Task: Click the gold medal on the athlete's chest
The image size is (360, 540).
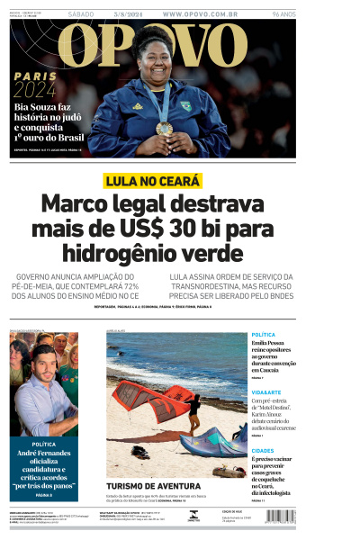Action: [x=164, y=129]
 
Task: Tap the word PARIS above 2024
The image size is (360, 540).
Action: [x=33, y=75]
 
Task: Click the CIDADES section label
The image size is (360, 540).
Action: [x=263, y=450]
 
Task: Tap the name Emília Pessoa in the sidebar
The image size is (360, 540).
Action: [x=274, y=345]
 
